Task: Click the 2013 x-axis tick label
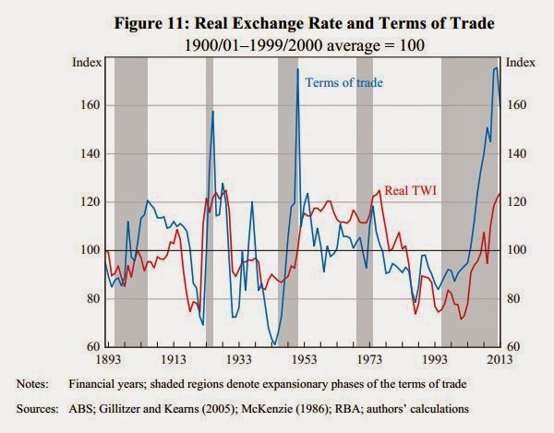coord(500,357)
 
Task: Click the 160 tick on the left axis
coord(89,105)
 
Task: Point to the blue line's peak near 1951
coord(297,69)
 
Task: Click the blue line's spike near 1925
coord(213,112)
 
